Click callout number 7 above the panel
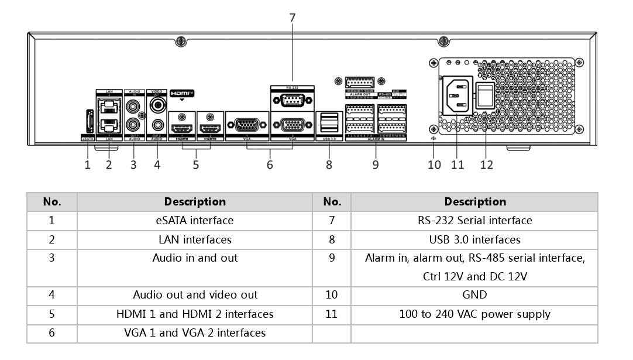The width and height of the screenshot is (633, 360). (x=293, y=18)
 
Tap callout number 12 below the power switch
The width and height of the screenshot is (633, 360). (x=487, y=165)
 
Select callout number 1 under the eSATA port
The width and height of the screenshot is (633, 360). (x=88, y=165)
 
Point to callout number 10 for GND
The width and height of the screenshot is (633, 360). (x=434, y=165)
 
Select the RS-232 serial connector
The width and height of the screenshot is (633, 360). (x=292, y=100)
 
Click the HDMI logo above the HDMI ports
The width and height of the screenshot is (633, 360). (x=181, y=93)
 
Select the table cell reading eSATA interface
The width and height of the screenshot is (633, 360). (x=195, y=221)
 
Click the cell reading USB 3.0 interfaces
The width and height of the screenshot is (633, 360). (x=474, y=239)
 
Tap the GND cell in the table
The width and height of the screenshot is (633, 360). (x=474, y=295)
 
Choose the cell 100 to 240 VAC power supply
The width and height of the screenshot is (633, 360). (x=474, y=314)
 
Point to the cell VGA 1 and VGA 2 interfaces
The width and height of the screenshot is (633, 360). (x=195, y=333)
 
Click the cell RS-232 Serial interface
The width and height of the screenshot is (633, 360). (x=474, y=221)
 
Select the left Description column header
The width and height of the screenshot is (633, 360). (x=195, y=202)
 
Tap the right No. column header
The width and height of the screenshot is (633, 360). (x=332, y=202)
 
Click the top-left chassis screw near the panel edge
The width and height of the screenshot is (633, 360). (x=181, y=42)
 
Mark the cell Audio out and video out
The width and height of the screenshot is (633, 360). (x=195, y=295)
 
